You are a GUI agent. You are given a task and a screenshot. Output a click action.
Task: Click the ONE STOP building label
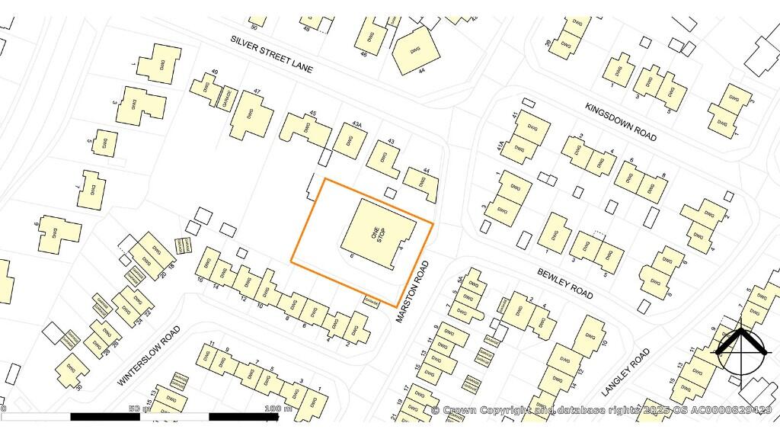click(376, 232)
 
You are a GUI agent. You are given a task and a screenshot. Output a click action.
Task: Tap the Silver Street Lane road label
click(272, 53)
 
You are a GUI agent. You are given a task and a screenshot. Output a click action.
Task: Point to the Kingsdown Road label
click(621, 121)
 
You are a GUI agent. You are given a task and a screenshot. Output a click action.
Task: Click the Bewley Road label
click(564, 283)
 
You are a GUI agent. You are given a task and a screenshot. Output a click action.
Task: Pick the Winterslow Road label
click(149, 355)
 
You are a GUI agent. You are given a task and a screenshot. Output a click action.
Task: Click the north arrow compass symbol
click(739, 349)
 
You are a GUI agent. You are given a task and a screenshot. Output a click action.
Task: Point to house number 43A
click(356, 124)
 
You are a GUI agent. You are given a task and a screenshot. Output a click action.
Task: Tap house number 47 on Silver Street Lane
click(257, 92)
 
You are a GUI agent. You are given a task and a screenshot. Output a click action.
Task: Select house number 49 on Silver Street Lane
click(215, 72)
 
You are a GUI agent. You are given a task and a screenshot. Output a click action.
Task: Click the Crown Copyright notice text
click(602, 410)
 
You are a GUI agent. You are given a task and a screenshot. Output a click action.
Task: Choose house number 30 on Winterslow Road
click(78, 387)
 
